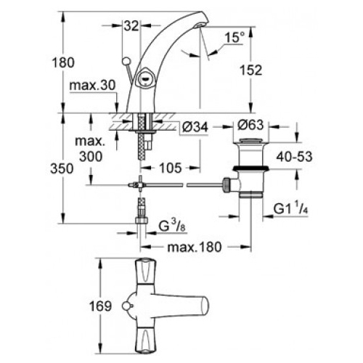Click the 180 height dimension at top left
[x=63, y=62]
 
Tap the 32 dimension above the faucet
[x=131, y=25]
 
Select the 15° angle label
[x=234, y=38]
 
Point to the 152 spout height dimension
[x=251, y=70]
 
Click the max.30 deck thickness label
[x=93, y=86]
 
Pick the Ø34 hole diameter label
[x=195, y=127]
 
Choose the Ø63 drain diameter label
[x=250, y=125]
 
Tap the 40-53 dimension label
[x=295, y=157]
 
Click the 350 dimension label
[x=62, y=168]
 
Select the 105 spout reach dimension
[x=171, y=168]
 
